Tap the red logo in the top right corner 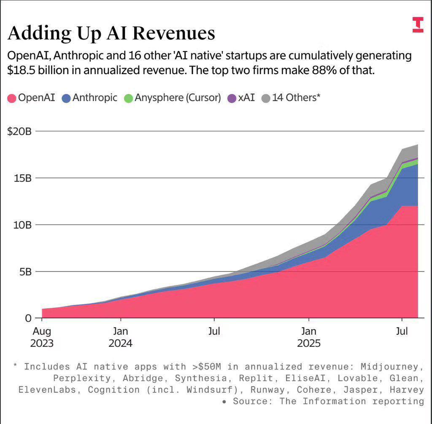(417, 25)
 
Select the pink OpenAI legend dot (12, 98)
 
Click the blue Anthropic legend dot (66, 98)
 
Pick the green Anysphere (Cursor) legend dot (128, 98)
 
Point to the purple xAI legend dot (232, 98)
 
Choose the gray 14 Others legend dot (265, 98)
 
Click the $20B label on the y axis (19, 131)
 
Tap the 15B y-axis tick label (22, 178)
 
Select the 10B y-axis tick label (22, 225)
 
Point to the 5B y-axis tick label (24, 271)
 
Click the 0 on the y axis (28, 318)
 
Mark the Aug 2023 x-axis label (42, 337)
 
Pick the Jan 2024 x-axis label (120, 337)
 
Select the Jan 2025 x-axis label (309, 337)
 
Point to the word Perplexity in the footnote (76, 378)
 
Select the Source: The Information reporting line (328, 401)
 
